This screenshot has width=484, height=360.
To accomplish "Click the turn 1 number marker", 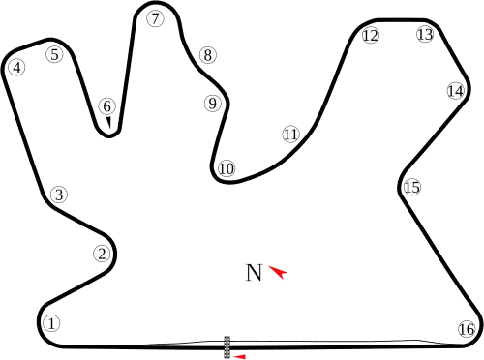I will [52, 323].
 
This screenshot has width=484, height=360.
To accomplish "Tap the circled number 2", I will [102, 255].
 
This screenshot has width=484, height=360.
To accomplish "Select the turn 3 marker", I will [59, 195].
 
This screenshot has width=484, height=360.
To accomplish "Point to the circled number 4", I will [16, 68].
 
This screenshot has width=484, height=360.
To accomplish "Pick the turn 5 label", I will [54, 55].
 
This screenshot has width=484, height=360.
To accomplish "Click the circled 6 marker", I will [106, 106].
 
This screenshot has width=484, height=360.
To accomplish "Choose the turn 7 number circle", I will [155, 16].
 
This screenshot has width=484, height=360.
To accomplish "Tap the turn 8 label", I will [207, 55].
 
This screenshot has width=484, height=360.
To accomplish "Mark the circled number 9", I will [212, 103].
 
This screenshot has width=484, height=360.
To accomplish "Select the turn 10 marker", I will [226, 169].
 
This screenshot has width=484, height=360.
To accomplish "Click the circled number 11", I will [290, 134].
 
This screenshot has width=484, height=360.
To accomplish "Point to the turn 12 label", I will [370, 36].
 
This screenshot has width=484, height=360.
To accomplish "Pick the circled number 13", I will [425, 35].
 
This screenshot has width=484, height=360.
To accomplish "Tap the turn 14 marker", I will [456, 91].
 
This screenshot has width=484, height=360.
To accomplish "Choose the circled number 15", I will [412, 187].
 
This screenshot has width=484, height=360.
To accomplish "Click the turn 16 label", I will [467, 328].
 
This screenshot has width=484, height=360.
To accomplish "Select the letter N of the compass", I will [255, 272].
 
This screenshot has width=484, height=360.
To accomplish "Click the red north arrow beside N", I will [279, 273].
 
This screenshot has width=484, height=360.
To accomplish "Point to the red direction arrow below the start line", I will [240, 356].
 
